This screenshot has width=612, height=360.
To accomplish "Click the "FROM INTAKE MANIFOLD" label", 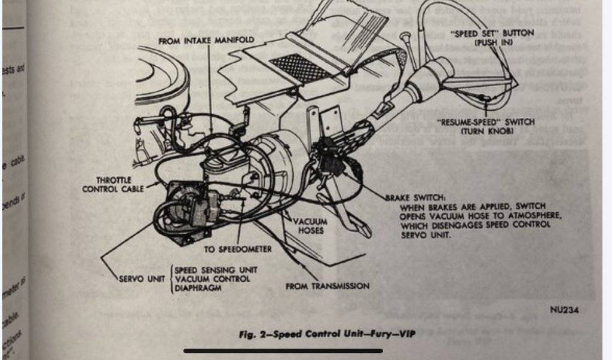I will (206, 39).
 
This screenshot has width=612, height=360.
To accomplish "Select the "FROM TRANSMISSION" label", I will (327, 286).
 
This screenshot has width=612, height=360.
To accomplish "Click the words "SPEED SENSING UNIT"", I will (215, 270).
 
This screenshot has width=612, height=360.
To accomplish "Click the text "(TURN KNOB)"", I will (485, 131).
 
